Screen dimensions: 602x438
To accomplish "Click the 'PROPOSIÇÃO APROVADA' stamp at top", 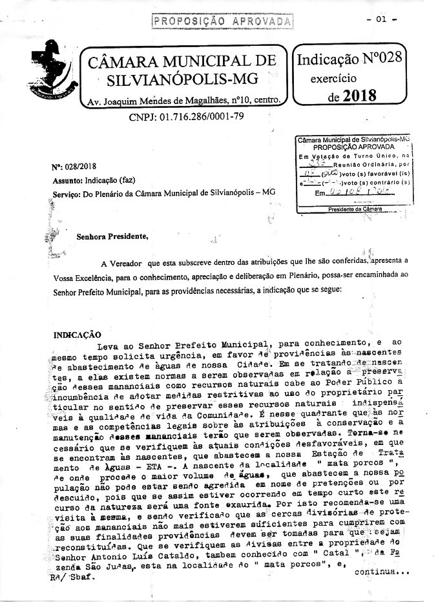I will coord(222,21).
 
